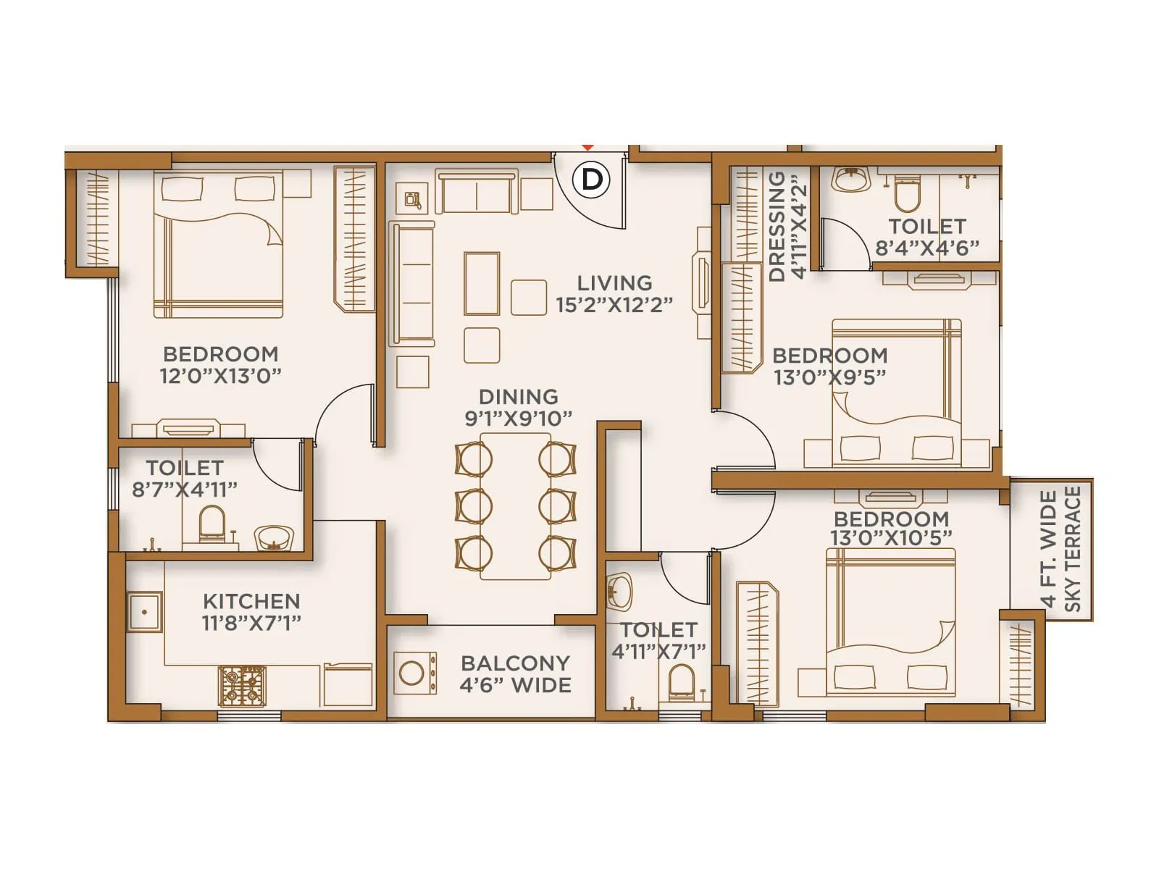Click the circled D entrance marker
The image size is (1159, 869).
592,178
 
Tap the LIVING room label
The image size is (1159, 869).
614,282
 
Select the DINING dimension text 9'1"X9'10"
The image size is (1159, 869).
518,419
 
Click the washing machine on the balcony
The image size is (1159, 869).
414,673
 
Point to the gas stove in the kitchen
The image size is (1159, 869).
242,686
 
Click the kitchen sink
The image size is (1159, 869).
145,612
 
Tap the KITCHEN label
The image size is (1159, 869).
251,601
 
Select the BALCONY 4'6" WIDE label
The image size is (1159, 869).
515,674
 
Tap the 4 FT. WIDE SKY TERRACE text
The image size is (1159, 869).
1060,550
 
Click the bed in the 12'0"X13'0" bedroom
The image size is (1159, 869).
217,246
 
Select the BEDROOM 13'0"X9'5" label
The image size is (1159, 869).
829,366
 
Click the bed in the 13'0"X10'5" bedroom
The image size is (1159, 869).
891,623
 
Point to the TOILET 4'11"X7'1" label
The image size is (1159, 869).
658,641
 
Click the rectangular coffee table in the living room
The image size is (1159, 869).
482,283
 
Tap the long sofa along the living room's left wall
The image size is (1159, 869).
412,284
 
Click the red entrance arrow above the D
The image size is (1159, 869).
588,148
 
